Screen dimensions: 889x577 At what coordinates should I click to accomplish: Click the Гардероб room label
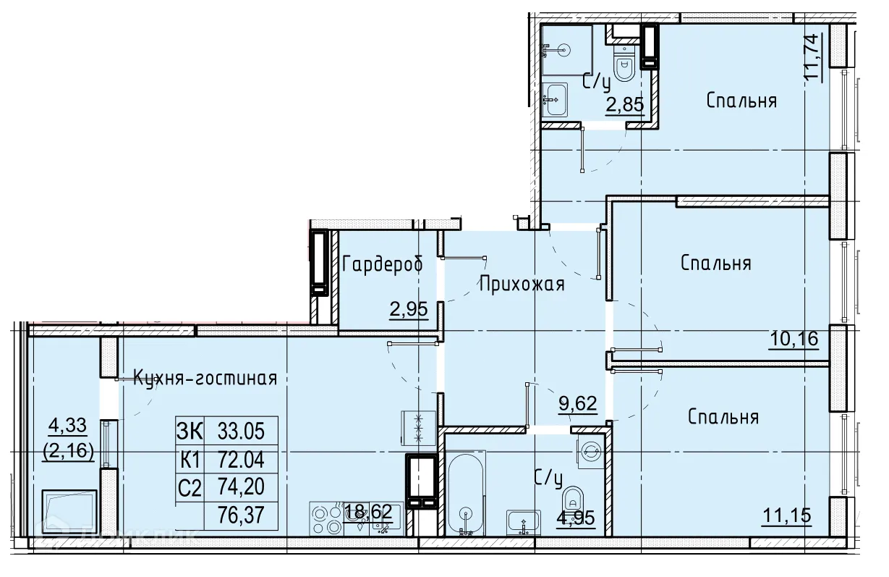383,264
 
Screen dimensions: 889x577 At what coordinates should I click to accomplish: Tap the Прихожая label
522,285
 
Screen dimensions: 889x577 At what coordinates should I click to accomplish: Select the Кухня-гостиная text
205,379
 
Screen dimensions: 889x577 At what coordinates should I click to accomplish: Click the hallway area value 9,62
578,404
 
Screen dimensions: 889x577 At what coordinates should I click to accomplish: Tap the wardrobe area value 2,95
409,309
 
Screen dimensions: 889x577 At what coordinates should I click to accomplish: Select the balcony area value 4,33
67,425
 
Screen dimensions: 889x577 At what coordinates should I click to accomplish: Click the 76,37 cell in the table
241,515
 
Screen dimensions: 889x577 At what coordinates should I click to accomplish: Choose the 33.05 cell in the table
241,431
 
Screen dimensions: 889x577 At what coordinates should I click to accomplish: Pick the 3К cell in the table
190,431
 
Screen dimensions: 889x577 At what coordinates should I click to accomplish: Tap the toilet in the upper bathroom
625,64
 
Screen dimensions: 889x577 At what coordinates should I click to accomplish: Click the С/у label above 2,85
597,83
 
